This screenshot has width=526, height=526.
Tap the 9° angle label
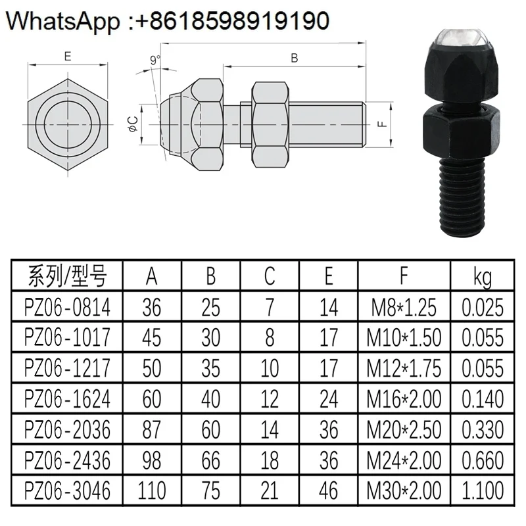tap(155, 60)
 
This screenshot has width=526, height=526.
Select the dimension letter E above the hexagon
tap(68, 56)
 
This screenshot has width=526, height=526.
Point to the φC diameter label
tap(133, 124)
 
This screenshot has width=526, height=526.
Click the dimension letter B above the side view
tap(294, 58)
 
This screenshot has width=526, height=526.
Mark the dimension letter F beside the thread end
tap(383, 124)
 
